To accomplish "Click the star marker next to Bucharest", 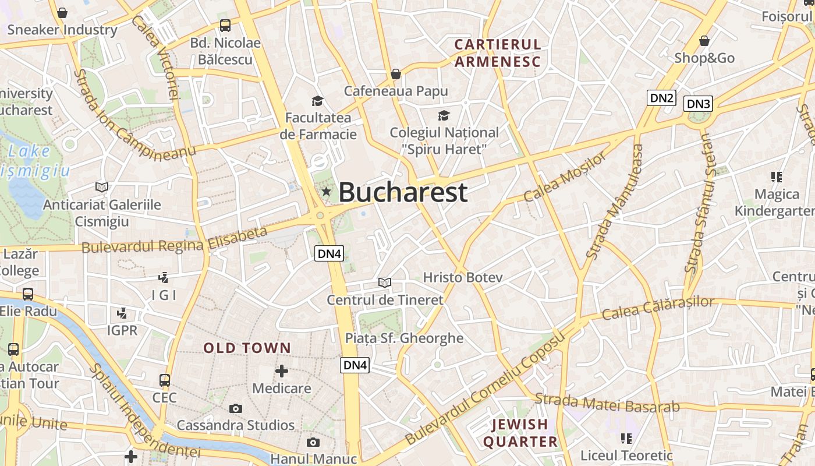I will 326,192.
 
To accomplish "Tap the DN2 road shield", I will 661,98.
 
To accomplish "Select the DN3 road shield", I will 698,104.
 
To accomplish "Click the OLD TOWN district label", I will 247,348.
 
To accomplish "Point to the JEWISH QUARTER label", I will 520,433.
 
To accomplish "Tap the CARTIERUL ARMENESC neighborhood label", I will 498,53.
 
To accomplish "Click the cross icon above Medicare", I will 282,371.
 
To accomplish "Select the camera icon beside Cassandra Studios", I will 236,408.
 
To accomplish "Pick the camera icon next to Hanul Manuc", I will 313,443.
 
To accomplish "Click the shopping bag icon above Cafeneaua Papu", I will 396,74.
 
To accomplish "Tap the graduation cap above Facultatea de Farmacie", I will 317,101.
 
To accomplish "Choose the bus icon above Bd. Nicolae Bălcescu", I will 225,26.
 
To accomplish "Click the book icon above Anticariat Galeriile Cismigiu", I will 102,188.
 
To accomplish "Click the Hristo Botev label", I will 462,277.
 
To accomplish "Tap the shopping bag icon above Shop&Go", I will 704,41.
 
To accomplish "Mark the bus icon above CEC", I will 165,380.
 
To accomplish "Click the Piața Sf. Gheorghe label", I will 404,338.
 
